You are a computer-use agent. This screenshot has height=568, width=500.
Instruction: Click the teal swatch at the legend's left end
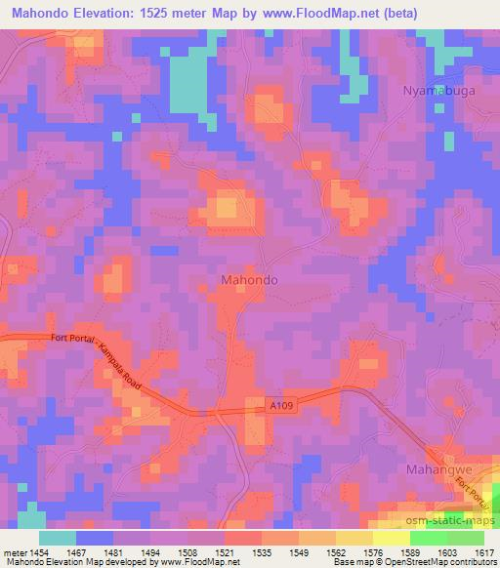(x=58, y=537)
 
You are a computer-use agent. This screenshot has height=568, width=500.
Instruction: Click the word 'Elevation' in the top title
(x=119, y=14)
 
